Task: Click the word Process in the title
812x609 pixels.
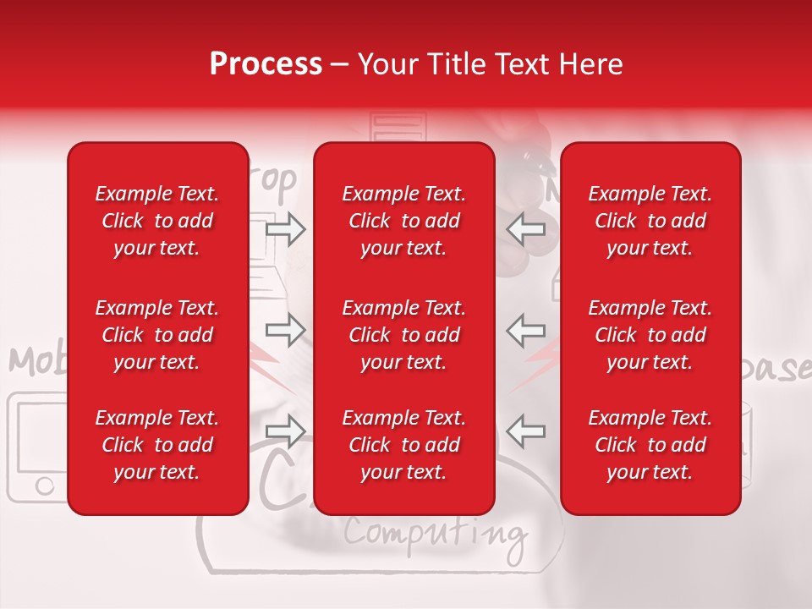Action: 266,64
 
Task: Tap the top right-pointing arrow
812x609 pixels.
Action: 285,229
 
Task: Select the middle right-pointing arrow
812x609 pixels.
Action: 285,330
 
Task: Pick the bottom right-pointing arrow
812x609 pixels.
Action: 285,431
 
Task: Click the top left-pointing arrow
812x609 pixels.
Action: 525,229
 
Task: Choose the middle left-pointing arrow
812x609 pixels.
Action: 525,330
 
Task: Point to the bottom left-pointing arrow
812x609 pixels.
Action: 525,431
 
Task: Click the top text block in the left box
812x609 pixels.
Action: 157,221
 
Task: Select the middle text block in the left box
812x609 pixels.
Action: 157,335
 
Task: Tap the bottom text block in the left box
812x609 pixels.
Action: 157,445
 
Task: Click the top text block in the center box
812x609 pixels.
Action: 404,221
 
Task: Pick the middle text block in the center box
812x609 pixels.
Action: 404,335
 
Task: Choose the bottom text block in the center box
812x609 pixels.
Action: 404,445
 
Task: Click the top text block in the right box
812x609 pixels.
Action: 650,221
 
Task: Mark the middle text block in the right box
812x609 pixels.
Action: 650,335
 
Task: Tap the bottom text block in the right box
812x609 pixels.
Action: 650,445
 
